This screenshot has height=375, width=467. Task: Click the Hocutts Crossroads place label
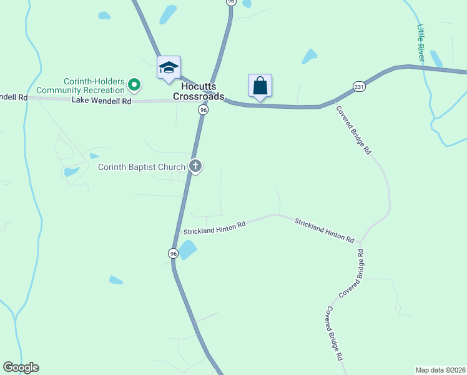(202, 92)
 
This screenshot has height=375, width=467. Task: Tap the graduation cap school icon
(169, 67)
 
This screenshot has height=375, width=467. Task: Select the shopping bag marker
(260, 86)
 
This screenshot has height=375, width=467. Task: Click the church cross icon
(195, 166)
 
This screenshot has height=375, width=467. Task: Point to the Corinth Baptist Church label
(142, 167)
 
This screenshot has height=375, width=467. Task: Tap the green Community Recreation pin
(134, 84)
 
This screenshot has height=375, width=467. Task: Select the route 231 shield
(358, 86)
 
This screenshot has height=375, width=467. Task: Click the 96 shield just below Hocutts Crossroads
(203, 109)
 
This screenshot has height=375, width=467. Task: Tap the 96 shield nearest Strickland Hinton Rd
(173, 253)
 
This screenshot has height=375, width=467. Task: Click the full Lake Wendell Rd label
(101, 101)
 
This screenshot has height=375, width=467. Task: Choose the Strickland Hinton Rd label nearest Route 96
(214, 229)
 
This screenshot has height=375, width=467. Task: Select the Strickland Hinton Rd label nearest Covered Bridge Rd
(324, 231)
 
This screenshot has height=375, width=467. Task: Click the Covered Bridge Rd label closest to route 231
(354, 130)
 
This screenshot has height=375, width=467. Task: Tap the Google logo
(21, 367)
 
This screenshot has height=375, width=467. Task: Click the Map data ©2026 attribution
(440, 369)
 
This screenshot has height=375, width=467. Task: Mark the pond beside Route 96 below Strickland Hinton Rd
(187, 249)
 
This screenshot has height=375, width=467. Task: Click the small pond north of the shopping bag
(310, 56)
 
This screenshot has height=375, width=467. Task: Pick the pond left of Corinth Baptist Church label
(72, 171)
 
